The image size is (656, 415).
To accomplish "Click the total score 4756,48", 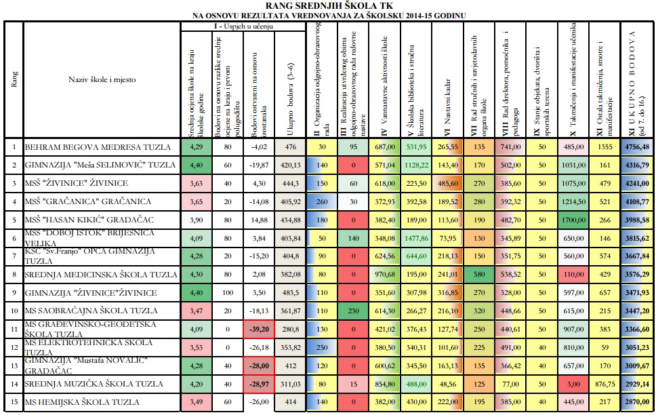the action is tap(637, 147).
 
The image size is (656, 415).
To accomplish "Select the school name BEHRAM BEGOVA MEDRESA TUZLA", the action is tap(98, 147).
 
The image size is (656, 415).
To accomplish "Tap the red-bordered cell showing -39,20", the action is tap(259, 329).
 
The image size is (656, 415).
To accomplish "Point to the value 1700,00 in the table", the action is tap(573, 220).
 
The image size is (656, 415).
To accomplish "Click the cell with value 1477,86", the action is tap(416, 238).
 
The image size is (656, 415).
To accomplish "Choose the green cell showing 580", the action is tap(479, 275).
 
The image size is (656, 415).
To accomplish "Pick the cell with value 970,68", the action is tap(385, 275).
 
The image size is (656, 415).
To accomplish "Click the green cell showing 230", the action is tap(354, 311).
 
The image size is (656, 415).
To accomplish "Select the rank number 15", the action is tap(14, 402).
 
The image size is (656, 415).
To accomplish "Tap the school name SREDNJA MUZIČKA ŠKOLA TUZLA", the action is tap(94, 384).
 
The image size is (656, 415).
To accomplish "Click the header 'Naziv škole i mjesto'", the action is tap(102, 79).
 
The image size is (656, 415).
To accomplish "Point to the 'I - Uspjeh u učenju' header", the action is tap(243, 26).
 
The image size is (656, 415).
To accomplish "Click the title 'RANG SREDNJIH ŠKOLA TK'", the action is tap(329, 5).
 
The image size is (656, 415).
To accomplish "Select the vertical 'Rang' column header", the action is tap(14, 79).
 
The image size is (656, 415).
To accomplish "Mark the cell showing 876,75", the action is tap(605, 384).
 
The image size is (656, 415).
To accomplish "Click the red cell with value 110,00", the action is tap(573, 275).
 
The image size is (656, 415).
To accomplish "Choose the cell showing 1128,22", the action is tap(416, 165).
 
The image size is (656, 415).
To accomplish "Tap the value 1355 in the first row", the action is tap(605, 147).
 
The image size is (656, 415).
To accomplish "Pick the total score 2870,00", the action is tap(637, 402).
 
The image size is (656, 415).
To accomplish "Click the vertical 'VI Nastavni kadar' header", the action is tap(447, 107).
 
